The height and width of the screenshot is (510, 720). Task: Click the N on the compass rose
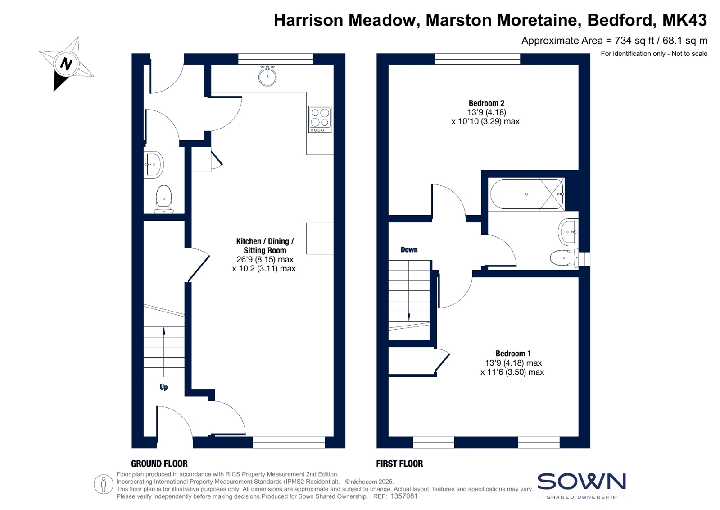coord(66,64)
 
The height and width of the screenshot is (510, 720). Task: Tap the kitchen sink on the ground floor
coord(267,76)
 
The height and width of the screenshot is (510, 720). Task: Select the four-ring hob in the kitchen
coord(320,119)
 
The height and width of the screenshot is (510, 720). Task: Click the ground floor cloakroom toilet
coord(164,199)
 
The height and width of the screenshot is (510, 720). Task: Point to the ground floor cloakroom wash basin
coord(154,165)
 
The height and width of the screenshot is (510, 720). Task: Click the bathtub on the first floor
coord(526,194)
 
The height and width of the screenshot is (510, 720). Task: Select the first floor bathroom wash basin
coord(569,232)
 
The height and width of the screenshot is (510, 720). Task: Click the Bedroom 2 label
coord(486,103)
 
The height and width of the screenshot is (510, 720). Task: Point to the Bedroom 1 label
coord(513,354)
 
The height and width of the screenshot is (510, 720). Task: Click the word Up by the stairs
coord(163,387)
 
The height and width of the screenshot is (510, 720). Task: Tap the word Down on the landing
coord(409,249)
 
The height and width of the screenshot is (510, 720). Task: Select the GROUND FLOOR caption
coord(159,464)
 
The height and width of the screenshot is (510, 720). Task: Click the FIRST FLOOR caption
coord(399,464)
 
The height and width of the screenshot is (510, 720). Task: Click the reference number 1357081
coord(404,496)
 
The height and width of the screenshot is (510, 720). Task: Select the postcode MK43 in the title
coord(684,20)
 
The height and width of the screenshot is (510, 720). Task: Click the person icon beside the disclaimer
coord(104,484)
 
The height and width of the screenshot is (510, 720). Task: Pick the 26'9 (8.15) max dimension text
coord(265,259)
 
